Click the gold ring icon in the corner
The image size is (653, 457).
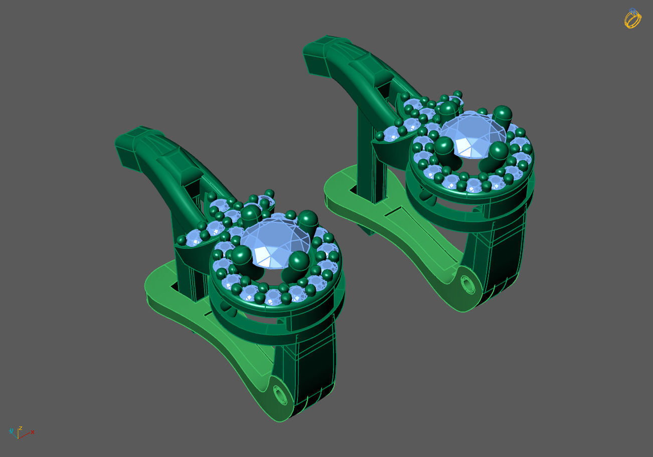pyautogui.click(x=632, y=19)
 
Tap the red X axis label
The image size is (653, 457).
pyautogui.click(x=33, y=431)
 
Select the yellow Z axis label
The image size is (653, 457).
pyautogui.click(x=20, y=428)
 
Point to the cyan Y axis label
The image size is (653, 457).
pyautogui.click(x=11, y=430)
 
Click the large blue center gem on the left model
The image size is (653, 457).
pyautogui.click(x=275, y=240)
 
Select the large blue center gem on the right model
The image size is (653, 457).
pyautogui.click(x=472, y=133)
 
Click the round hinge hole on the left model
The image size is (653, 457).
pyautogui.click(x=280, y=395)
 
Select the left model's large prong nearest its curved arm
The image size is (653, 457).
pyautogui.click(x=251, y=213)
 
